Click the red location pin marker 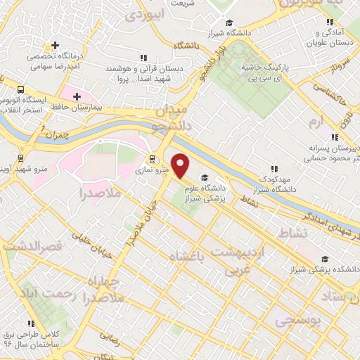[181, 166]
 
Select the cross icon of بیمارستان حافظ [77, 96]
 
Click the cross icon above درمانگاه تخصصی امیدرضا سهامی [55, 46]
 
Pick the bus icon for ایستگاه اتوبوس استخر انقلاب [20, 90]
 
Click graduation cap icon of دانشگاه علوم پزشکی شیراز [205, 178]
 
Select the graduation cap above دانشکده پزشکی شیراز [322, 258]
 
